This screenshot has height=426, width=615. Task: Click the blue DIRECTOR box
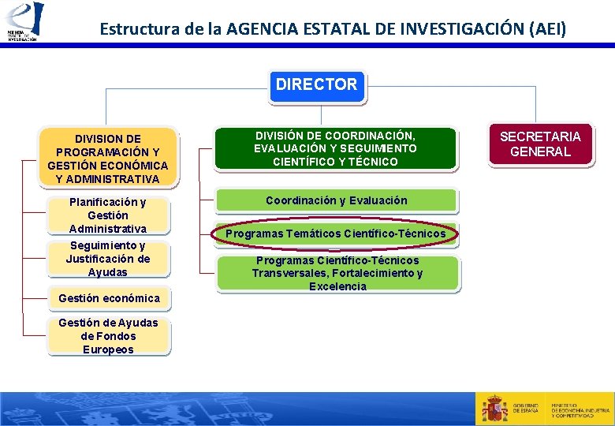click(316, 85)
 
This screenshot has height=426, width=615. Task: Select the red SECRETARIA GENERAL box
click(540, 144)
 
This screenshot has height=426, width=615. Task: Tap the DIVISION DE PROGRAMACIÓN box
click(107, 159)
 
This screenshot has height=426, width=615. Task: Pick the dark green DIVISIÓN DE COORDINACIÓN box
click(335, 148)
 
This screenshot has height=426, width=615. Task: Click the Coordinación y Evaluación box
click(337, 200)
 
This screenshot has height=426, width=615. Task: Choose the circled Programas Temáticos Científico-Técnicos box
click(336, 234)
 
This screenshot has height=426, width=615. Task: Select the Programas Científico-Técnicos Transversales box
click(337, 273)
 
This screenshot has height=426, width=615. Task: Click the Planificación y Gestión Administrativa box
click(107, 215)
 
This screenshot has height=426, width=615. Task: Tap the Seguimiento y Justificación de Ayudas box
click(107, 259)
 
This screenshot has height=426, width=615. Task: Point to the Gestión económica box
click(109, 298)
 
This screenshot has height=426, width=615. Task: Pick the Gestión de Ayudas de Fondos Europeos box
click(108, 336)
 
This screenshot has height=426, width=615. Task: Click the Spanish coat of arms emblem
click(495, 409)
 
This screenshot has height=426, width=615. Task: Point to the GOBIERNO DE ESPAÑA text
click(526, 409)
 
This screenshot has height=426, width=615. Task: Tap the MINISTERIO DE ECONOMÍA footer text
click(580, 409)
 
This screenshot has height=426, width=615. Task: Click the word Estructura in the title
click(132, 30)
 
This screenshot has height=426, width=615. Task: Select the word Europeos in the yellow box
click(108, 349)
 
